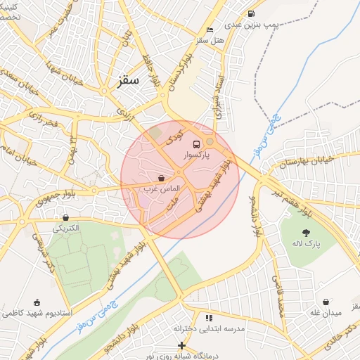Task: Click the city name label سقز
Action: click(129, 80)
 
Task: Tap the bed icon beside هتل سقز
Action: click(210, 30)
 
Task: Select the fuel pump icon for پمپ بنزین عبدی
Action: click(251, 14)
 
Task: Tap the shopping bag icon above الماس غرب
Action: click(162, 178)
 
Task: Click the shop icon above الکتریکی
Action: click(66, 217)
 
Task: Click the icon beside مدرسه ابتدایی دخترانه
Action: click(209, 318)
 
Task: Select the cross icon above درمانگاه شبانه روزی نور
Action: click(181, 345)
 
